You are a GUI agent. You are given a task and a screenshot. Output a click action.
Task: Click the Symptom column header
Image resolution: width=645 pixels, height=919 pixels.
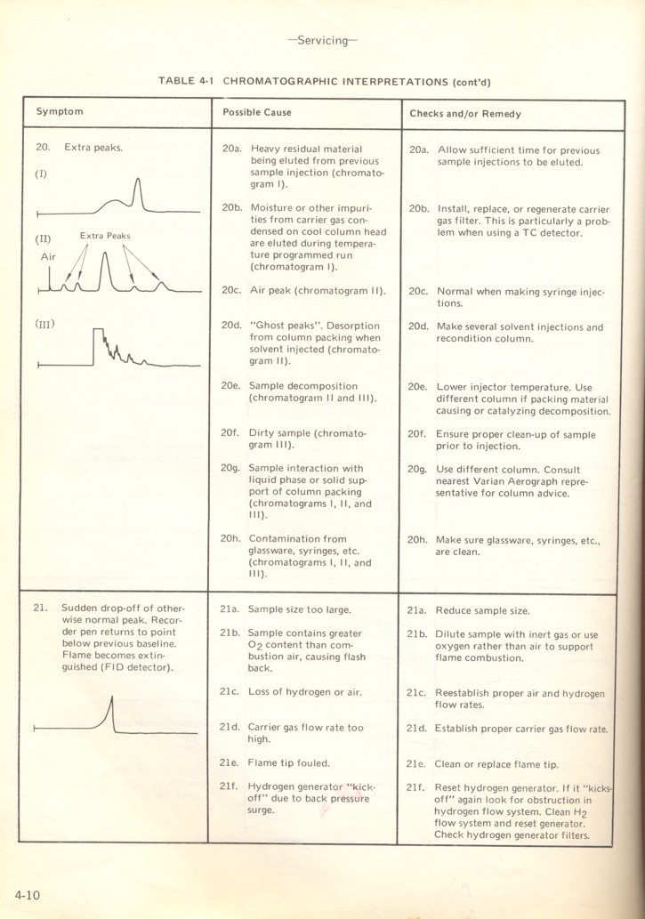pos(60,112)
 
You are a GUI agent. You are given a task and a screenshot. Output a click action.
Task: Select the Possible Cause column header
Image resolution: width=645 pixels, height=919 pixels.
pos(257,113)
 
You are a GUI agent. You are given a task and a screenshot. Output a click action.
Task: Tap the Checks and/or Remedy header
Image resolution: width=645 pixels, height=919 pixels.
pos(465,114)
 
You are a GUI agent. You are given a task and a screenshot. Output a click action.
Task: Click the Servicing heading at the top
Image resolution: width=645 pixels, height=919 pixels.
pos(323,41)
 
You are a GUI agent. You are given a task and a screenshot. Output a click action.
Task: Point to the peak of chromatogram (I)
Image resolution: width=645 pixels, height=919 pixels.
pos(137,181)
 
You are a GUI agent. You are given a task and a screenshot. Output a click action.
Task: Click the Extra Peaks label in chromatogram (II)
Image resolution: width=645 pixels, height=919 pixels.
pos(105,236)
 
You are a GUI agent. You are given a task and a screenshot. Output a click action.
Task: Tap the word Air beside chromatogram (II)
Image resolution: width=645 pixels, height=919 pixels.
pos(48,255)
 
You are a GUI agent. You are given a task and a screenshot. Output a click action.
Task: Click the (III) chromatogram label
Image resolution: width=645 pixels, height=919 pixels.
pos(44,324)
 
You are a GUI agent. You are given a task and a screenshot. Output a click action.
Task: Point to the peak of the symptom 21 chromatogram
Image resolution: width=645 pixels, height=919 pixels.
pos(111,697)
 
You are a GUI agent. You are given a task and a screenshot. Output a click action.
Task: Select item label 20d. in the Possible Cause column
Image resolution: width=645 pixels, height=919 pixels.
pos(231,326)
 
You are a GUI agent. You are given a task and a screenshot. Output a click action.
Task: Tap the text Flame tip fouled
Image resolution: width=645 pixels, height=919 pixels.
pos(288,762)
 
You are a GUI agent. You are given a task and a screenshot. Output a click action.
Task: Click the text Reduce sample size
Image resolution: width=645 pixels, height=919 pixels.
pos(482,611)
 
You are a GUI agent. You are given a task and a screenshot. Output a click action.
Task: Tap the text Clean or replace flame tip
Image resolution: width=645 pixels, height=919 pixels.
pos(496,764)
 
